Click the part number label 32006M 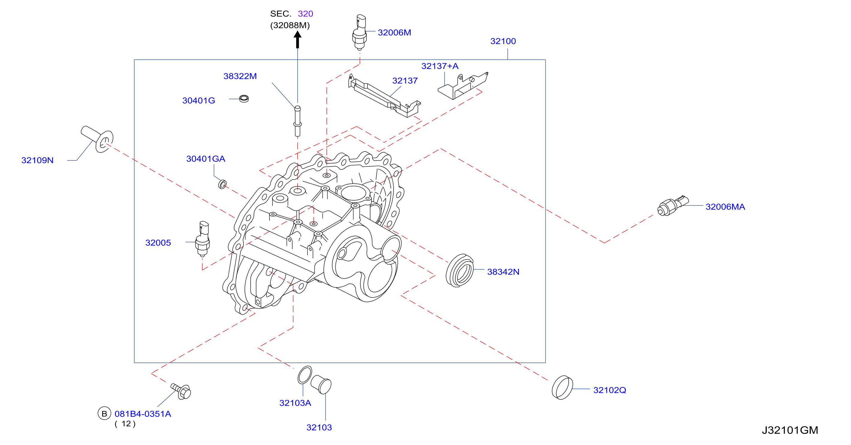(x=394, y=32)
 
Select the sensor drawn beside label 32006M (x=359, y=32)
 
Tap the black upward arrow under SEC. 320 (x=297, y=39)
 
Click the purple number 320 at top (x=305, y=13)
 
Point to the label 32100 (x=503, y=41)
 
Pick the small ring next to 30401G (x=244, y=98)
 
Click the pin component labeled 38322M (x=297, y=121)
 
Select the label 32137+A (x=440, y=66)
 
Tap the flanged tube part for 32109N (x=97, y=139)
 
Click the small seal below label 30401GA (x=222, y=184)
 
